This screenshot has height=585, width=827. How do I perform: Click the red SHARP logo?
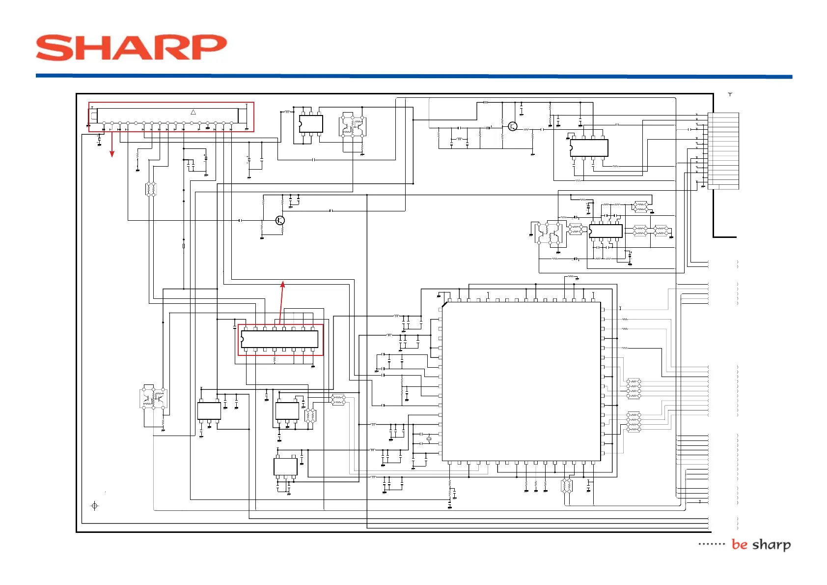tap(131, 48)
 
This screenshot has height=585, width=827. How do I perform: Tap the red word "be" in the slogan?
tap(739, 544)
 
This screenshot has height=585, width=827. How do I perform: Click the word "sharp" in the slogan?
tap(772, 545)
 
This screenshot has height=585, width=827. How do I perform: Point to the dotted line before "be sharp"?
tap(712, 544)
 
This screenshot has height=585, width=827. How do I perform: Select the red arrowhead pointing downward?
tap(112, 154)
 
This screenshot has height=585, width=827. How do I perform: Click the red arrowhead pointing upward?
tap(282, 284)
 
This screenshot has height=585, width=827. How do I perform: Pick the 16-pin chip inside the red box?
tap(280, 339)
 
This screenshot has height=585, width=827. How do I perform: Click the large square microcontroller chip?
tap(522, 381)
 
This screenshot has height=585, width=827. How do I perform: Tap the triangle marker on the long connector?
tap(193, 112)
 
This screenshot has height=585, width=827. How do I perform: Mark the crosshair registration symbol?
tap(95, 505)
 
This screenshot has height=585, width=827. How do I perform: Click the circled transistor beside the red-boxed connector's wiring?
tap(280, 220)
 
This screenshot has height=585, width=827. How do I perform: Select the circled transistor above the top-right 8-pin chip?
tap(513, 126)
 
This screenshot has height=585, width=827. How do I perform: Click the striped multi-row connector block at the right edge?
tap(723, 150)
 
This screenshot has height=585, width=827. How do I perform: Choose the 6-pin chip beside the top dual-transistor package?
tap(311, 124)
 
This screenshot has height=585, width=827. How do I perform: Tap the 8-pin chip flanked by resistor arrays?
tap(606, 231)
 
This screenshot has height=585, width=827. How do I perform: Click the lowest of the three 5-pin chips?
tap(285, 467)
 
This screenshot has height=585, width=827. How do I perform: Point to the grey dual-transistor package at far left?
tap(154, 398)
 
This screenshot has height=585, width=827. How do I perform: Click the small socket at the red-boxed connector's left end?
tap(94, 116)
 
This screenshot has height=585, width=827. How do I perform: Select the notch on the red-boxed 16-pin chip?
tap(242, 339)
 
